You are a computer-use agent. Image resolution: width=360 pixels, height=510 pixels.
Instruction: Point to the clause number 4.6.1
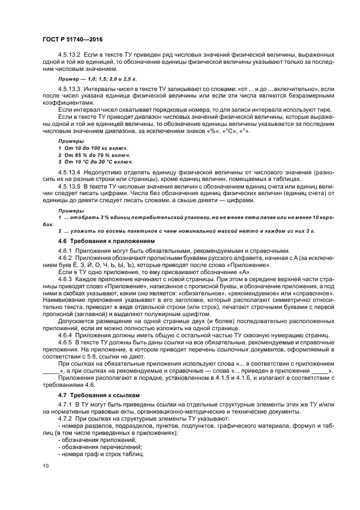click(65, 250)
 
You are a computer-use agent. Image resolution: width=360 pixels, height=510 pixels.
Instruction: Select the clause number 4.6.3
click(65, 278)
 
